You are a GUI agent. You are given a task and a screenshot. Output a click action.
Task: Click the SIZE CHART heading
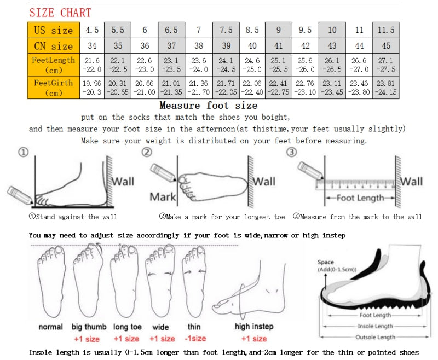60,13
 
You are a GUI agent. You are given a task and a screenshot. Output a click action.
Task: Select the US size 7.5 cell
226,30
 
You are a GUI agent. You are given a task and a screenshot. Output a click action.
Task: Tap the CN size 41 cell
279,46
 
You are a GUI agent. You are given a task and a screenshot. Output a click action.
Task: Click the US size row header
54,30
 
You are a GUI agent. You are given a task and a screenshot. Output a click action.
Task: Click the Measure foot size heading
209,105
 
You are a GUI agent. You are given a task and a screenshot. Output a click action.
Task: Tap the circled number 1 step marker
23,153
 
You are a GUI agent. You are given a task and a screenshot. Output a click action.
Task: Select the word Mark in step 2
163,196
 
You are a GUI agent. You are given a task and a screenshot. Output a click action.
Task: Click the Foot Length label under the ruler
360,198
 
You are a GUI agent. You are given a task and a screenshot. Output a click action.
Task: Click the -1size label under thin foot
195,338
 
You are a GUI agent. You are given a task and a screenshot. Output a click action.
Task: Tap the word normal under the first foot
51,327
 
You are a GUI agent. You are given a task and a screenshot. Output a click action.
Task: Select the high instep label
254,327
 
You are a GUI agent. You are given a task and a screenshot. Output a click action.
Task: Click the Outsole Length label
375,337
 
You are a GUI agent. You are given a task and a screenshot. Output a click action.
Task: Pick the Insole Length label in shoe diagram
375,326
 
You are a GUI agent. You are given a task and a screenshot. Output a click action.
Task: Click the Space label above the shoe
325,263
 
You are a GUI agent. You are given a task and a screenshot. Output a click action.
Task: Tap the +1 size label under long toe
126,338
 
